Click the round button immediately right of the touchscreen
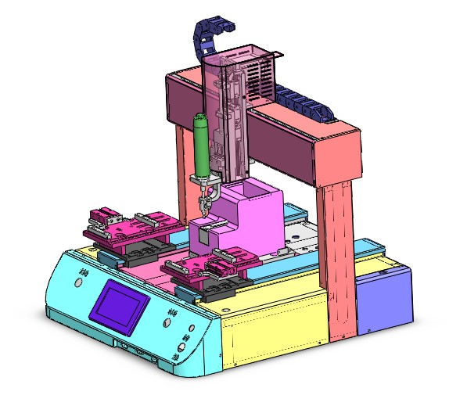pos(169,313)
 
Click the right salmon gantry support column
pos(338,258)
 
